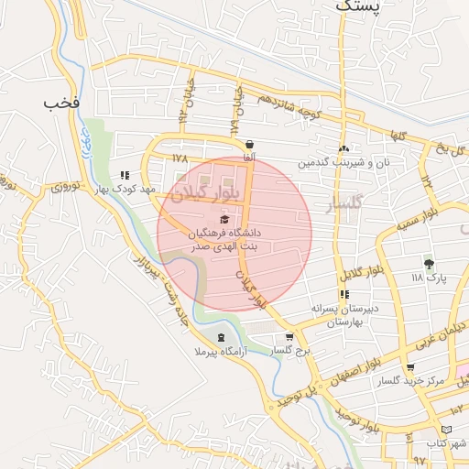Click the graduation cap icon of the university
224,219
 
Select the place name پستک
356,5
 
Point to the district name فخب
61,103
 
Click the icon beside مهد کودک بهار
125,175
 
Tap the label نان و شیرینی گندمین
343,163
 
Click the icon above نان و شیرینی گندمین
344,149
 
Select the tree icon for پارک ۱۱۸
429,264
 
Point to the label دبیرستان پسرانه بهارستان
344,315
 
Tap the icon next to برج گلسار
289,337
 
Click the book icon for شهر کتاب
446,429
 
